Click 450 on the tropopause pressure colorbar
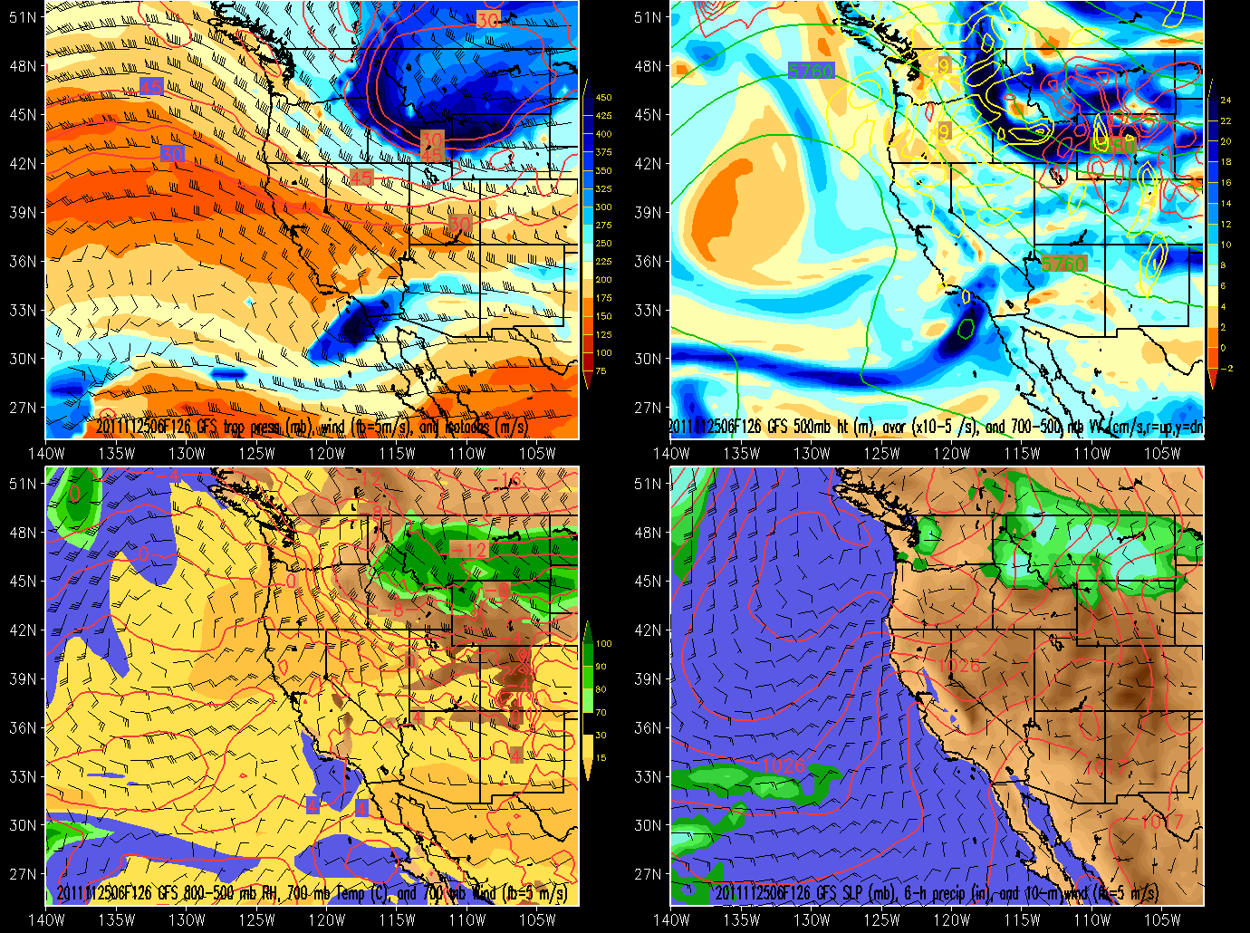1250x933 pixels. (x=603, y=98)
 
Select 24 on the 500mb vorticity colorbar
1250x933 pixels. (x=1226, y=101)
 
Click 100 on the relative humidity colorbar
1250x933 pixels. (x=603, y=644)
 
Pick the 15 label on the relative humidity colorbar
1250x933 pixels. (x=601, y=758)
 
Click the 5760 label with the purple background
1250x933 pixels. (x=811, y=71)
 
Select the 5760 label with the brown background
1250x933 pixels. (x=1062, y=264)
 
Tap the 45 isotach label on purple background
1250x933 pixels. (x=151, y=87)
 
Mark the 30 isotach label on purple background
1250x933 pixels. (x=172, y=154)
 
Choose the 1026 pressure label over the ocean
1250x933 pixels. (x=784, y=766)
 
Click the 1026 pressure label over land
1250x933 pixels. (x=958, y=667)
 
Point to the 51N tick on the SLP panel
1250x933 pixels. (x=647, y=484)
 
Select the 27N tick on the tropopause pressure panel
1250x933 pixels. (x=23, y=408)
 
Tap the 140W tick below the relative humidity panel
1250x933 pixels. (x=47, y=919)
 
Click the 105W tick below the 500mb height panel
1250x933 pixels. (x=1162, y=453)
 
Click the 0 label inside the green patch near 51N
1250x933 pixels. (x=74, y=494)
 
